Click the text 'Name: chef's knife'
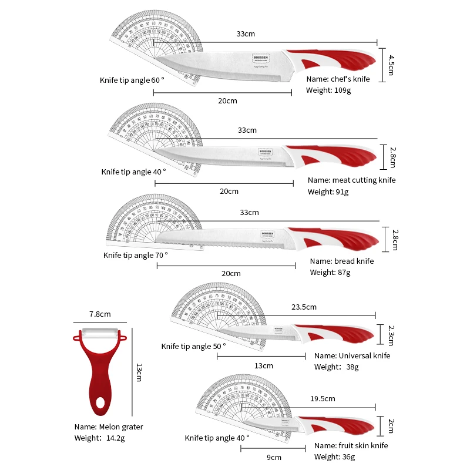(338, 79)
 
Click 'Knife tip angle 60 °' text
(132, 79)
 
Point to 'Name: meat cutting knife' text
(351, 180)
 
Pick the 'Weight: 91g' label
(328, 192)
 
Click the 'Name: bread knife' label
(341, 261)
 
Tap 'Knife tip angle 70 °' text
(135, 255)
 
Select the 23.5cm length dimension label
(304, 307)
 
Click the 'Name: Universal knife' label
(352, 355)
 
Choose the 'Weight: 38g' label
(336, 367)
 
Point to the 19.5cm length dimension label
(322, 398)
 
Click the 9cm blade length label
(274, 457)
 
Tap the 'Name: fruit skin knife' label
(351, 446)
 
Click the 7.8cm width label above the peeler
(100, 314)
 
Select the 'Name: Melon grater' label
(108, 427)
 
